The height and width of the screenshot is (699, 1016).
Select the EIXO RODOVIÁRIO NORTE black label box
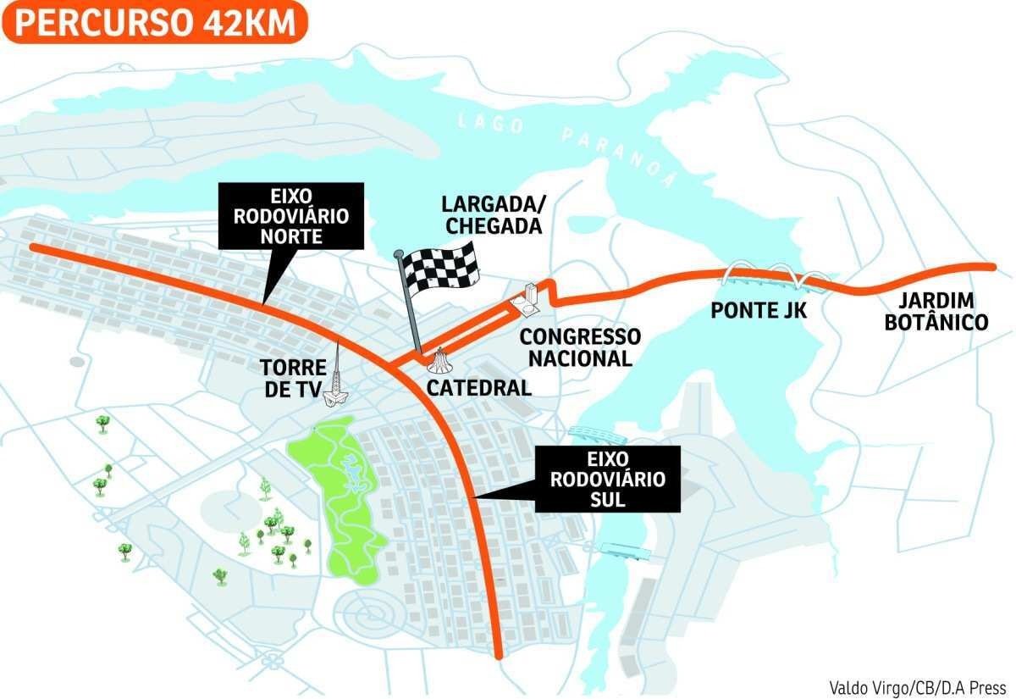290,215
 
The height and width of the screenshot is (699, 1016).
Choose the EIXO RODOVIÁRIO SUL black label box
608,479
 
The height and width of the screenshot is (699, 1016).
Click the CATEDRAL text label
478,388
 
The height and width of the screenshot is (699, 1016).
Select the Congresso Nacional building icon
527,298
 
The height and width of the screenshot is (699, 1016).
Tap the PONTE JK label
758,311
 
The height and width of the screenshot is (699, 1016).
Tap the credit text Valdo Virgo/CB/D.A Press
917,686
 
